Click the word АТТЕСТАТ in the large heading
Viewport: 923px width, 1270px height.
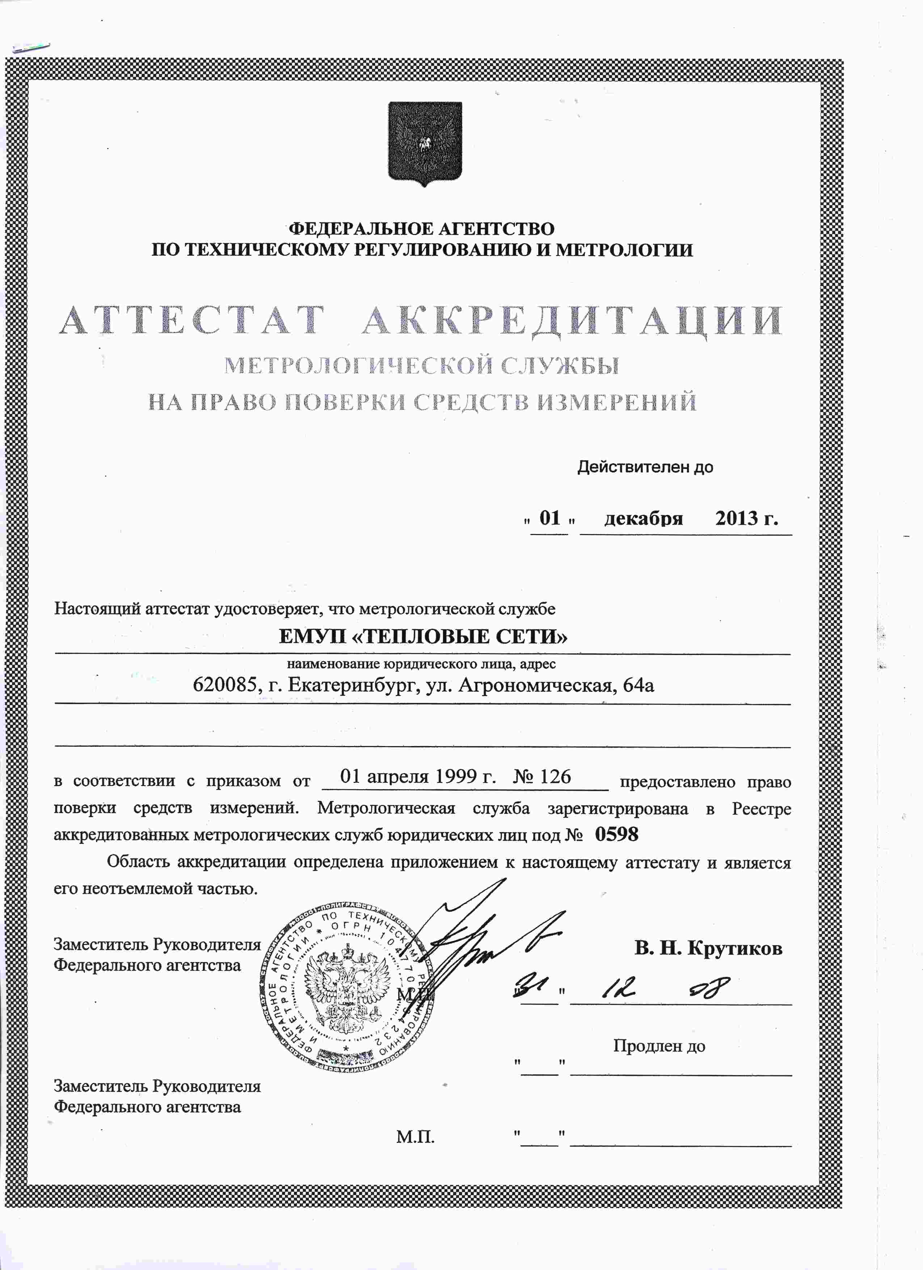point(192,321)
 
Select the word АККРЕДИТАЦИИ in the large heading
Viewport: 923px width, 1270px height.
point(571,321)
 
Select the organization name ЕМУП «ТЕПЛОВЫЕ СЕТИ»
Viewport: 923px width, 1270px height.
point(423,637)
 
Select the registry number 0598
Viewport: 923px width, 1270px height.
point(616,835)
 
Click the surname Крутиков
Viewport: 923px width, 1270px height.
point(734,948)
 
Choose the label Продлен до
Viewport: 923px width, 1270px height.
point(659,1046)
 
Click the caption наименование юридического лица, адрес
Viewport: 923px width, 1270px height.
point(421,664)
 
